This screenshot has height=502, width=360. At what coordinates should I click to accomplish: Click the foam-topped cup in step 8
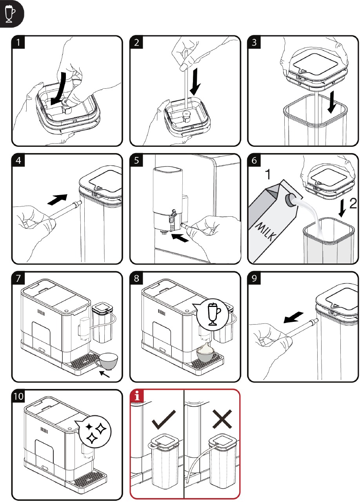click(x=208, y=352)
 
